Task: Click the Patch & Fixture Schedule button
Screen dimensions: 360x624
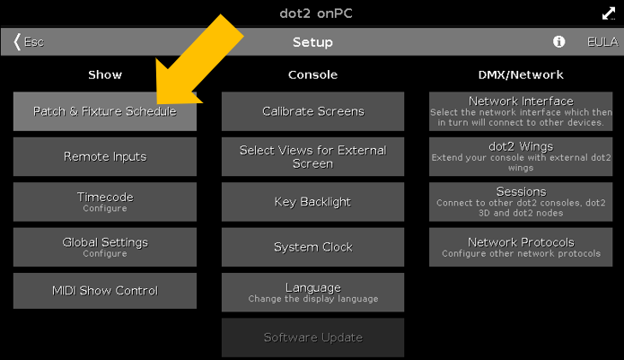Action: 104,111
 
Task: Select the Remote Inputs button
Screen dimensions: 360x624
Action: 104,156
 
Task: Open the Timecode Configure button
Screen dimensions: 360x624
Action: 104,201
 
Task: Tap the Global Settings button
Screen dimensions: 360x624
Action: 104,246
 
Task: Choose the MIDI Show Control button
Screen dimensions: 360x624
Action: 104,291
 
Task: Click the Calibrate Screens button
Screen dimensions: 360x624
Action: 312,111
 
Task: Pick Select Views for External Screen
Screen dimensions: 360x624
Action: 312,156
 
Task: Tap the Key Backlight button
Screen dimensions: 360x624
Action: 312,202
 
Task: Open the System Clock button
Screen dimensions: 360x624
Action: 312,247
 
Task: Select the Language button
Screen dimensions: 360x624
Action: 312,292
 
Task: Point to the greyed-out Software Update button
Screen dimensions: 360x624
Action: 312,338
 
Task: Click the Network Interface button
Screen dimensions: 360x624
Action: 521,111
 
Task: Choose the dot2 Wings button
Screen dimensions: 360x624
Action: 521,156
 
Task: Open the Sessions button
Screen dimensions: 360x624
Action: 521,201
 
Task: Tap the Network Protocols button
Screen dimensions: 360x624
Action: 521,246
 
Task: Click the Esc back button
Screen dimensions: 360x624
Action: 28,42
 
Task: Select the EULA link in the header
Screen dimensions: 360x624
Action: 602,42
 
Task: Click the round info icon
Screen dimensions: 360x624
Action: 558,42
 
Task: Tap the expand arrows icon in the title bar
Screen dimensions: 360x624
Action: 608,13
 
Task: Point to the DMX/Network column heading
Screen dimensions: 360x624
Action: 521,75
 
